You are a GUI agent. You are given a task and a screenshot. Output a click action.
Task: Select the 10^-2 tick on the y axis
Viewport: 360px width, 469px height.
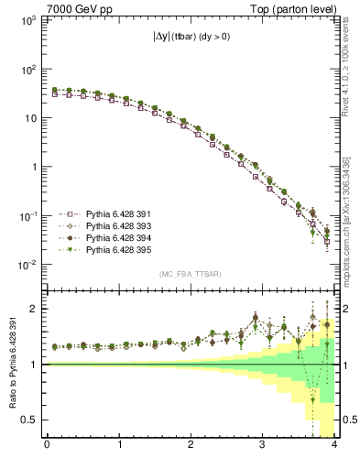tap(28, 265)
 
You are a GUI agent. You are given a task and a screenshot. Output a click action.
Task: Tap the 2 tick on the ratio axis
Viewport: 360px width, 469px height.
tap(34, 309)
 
